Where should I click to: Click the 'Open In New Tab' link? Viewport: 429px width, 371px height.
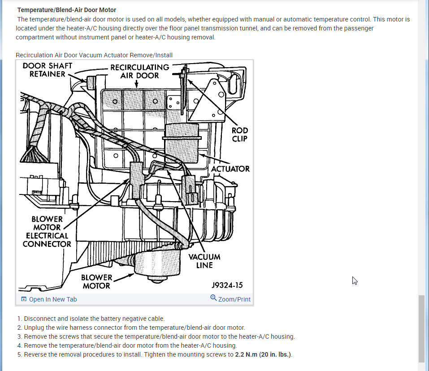tap(52, 299)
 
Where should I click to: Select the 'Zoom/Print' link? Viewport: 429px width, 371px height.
tap(234, 299)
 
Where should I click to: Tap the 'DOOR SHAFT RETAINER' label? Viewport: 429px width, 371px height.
tap(48, 70)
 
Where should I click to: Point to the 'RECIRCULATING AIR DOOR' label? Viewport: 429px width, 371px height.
tap(139, 71)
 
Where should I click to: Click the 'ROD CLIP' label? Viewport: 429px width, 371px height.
tap(239, 134)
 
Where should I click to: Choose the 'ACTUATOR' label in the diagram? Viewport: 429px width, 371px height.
tap(230, 169)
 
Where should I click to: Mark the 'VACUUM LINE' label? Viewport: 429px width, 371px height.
tap(204, 261)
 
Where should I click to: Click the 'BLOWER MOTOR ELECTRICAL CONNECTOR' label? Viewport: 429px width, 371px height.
tap(47, 231)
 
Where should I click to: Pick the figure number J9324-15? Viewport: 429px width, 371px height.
tap(227, 285)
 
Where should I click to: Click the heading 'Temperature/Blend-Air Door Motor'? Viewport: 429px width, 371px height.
tap(66, 10)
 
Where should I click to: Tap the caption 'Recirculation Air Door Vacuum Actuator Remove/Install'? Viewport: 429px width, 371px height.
tap(94, 55)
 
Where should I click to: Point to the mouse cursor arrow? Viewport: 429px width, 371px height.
tap(355, 280)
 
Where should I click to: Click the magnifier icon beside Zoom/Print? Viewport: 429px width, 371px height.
tap(213, 298)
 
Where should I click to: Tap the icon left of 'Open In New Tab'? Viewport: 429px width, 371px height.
tap(24, 299)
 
